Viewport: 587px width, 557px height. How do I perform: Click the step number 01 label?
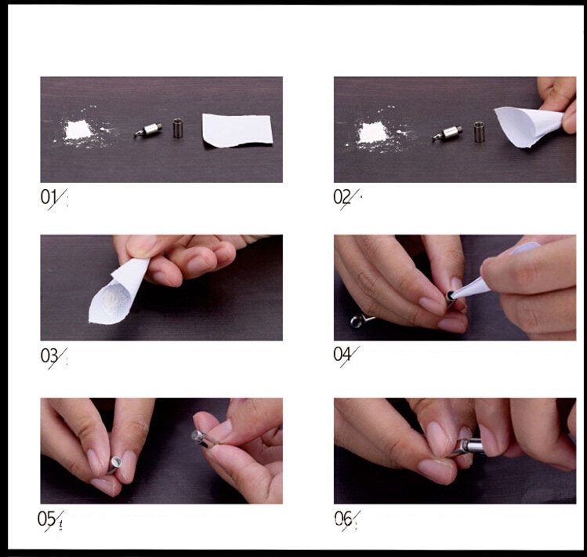49,197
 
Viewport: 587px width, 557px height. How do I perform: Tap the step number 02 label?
342,197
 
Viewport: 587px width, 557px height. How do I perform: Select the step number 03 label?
49,355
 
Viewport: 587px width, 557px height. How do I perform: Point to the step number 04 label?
342,355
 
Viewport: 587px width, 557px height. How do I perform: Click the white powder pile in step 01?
78,129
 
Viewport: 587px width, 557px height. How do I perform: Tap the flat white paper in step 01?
237,129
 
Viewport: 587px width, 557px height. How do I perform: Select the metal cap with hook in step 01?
149,129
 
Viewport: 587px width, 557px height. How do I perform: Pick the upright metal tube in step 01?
177,128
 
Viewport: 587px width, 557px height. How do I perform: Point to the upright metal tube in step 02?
479,132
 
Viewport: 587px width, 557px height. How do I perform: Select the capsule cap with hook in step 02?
447,133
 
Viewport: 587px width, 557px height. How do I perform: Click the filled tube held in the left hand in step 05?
117,464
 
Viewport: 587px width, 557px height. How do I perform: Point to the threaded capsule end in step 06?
466,446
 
